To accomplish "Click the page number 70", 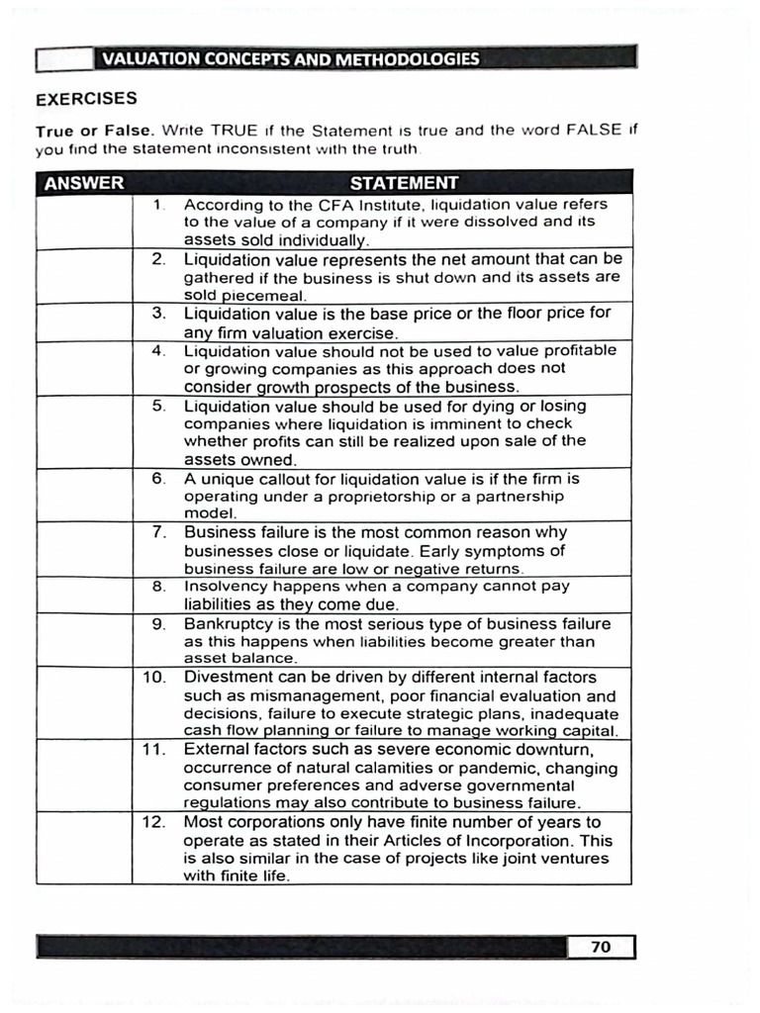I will [601, 947].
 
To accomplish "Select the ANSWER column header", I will [84, 182].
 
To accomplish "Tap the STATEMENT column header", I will [404, 182].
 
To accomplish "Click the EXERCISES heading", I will [86, 99].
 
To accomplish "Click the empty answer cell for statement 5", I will [84, 432].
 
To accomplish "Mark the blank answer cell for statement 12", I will [84, 848].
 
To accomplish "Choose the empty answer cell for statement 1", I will [84, 222].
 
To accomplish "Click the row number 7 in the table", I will [158, 532].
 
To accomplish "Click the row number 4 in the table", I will [158, 351].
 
